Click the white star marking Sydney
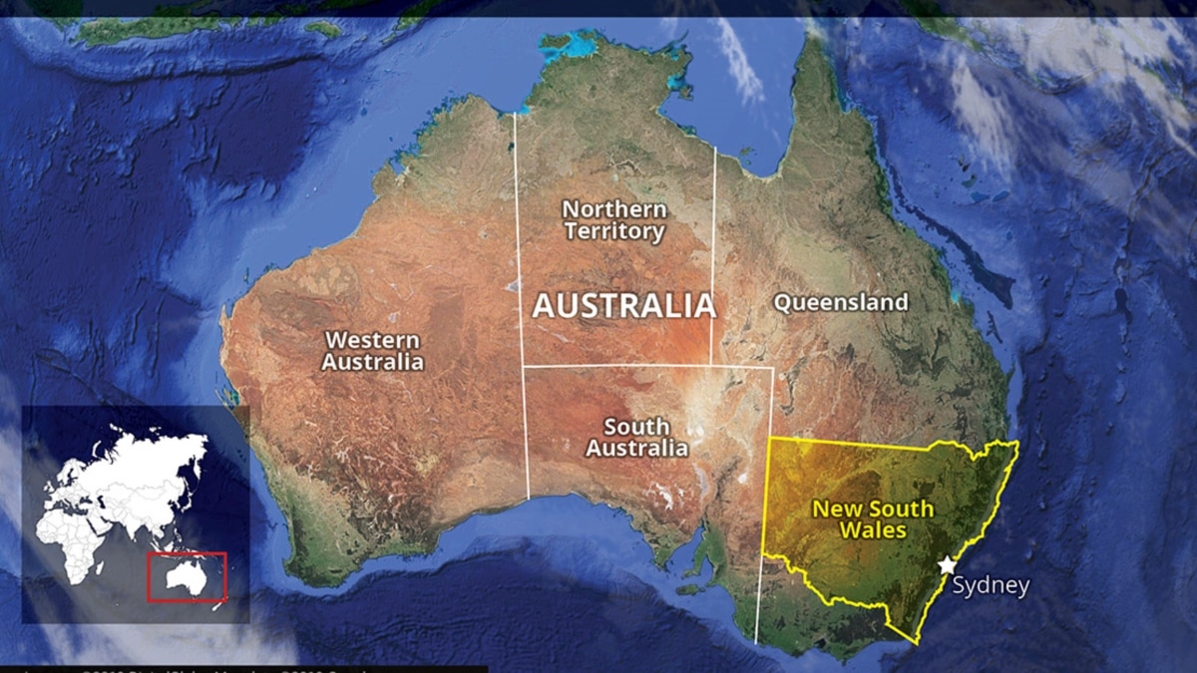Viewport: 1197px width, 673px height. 947,565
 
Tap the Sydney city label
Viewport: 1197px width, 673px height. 990,585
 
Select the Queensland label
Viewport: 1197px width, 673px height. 841,302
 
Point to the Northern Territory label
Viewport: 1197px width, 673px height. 613,220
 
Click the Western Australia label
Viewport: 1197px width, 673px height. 372,350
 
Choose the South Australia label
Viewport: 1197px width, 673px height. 636,438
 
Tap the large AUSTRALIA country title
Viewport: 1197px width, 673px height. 623,305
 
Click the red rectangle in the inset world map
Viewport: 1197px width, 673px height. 187,576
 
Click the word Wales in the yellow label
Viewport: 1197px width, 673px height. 873,529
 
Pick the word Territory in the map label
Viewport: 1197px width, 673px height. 613,231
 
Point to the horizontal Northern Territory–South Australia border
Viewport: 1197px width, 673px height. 618,366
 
